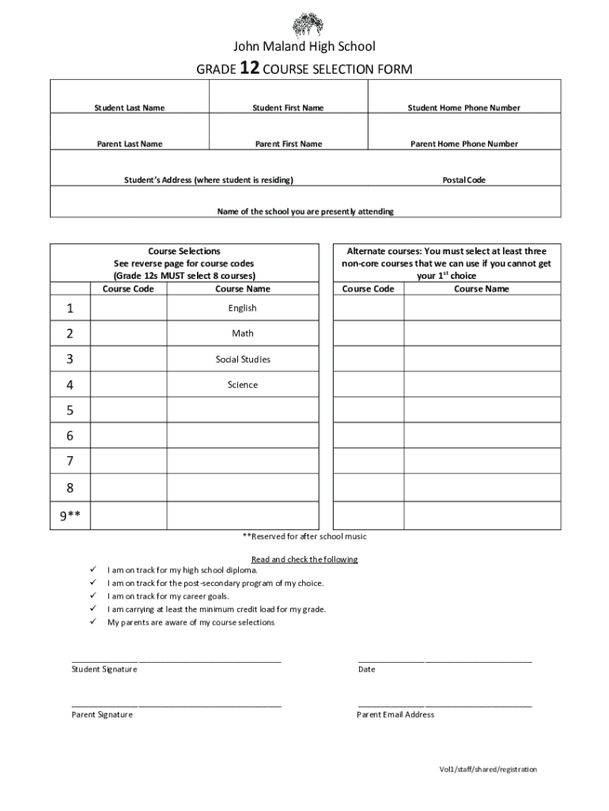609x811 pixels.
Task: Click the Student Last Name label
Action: pyautogui.click(x=130, y=108)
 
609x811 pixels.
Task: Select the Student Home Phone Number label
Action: pyautogui.click(x=463, y=108)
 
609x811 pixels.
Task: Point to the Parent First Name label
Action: pyautogui.click(x=288, y=144)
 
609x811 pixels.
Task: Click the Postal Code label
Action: pyautogui.click(x=463, y=181)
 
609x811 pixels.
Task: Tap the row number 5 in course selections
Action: pyautogui.click(x=70, y=410)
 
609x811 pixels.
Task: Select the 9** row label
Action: pyautogui.click(x=70, y=517)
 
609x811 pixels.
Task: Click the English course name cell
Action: pyautogui.click(x=243, y=308)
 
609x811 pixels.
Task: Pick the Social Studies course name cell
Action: pyautogui.click(x=243, y=360)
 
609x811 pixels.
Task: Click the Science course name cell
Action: pyautogui.click(x=243, y=385)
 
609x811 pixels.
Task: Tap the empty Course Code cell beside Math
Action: pyautogui.click(x=128, y=333)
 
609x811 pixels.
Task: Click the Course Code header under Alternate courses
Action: pyautogui.click(x=368, y=289)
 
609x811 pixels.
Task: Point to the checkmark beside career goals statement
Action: pyautogui.click(x=93, y=596)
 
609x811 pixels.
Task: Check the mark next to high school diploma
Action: pyautogui.click(x=93, y=569)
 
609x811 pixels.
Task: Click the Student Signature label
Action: pyautogui.click(x=104, y=669)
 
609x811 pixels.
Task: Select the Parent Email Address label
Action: pyautogui.click(x=395, y=714)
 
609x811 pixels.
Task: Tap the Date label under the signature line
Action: pyautogui.click(x=366, y=669)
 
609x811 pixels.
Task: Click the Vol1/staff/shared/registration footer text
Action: pyautogui.click(x=488, y=769)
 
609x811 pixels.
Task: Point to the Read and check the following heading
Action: pyautogui.click(x=304, y=559)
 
